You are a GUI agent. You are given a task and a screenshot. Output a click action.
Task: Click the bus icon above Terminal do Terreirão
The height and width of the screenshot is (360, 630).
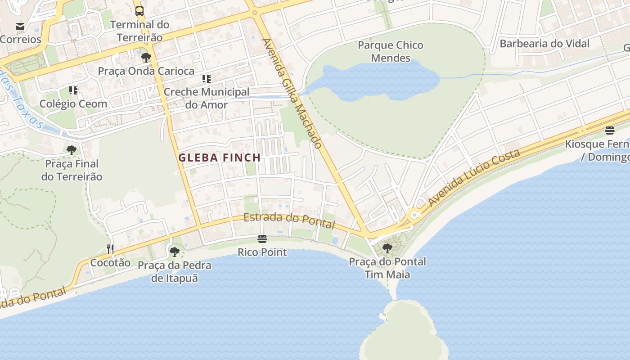139,11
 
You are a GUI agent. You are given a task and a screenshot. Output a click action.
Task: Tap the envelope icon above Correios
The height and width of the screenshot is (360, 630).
20,26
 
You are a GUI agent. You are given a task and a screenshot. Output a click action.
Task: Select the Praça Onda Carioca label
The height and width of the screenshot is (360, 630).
146,71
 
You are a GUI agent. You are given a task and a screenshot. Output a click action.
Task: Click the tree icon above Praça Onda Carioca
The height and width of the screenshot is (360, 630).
146,58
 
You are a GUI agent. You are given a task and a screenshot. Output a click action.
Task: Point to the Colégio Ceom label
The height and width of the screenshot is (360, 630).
73,103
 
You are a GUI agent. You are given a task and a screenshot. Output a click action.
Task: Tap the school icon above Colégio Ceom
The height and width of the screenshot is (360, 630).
73,90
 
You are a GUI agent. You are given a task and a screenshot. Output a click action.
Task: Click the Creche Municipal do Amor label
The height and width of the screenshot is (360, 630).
206,98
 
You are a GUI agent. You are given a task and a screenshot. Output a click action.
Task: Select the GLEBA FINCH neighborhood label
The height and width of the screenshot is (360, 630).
219,157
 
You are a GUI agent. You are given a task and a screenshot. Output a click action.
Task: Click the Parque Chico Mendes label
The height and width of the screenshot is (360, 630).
391,51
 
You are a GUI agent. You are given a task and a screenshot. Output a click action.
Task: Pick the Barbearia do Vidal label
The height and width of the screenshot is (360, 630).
544,44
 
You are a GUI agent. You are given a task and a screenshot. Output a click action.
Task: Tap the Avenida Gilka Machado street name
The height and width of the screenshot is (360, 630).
292,93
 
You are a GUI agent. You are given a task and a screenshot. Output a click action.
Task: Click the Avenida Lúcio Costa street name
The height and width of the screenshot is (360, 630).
474,178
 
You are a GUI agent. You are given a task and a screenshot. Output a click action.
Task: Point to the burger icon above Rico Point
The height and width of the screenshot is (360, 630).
262,238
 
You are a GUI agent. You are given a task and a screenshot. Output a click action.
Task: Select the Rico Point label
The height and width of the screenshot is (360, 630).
262,252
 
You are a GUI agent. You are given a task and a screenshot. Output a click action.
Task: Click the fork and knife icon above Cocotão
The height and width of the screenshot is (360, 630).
110,249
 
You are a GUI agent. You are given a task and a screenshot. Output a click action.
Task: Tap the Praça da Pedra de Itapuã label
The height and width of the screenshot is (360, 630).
175,271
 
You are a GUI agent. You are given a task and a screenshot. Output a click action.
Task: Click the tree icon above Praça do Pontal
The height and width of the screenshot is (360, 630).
387,248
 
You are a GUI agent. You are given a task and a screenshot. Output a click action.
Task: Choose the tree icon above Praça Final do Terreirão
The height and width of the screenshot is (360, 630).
72,150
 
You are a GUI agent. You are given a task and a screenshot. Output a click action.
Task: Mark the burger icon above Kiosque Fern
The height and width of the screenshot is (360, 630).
610,130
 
